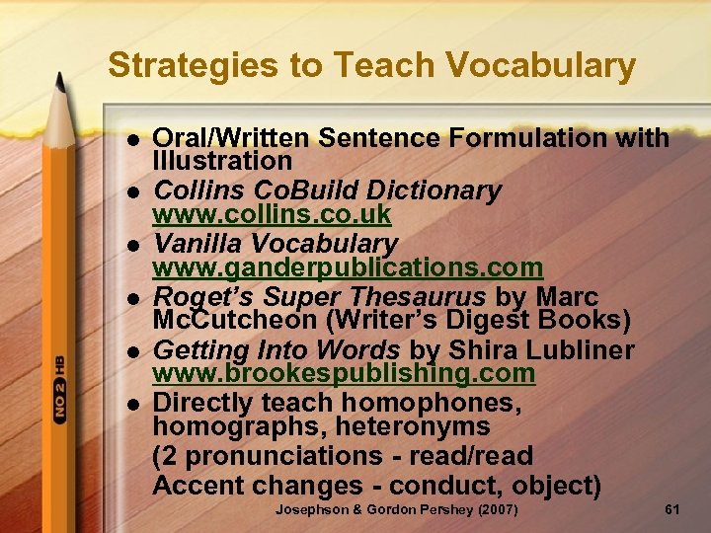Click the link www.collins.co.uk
coord(272,214)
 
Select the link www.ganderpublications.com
coord(348,267)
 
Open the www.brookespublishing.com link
coord(344,374)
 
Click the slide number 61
coord(672,509)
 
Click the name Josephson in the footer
coord(313,509)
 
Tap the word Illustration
coord(222,161)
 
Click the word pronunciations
coord(280,457)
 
